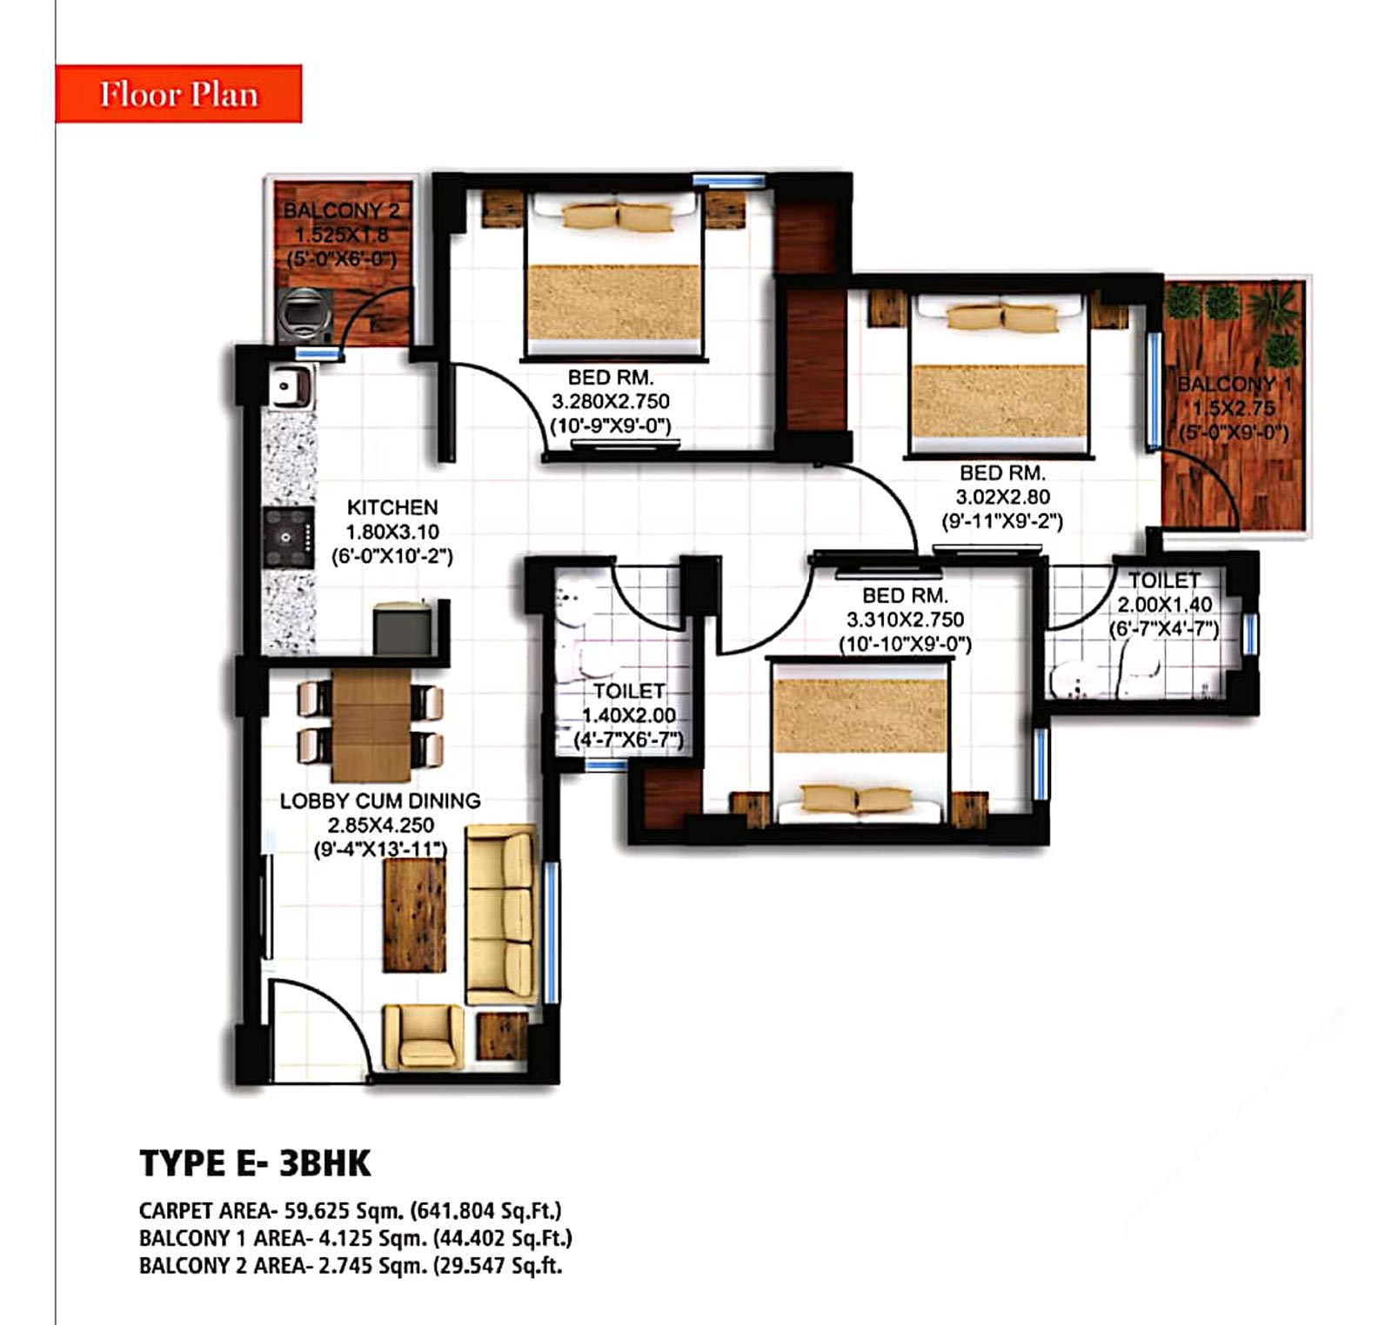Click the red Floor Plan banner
pyautogui.click(x=178, y=93)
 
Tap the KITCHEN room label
pyautogui.click(x=392, y=507)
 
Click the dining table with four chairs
pyautogui.click(x=371, y=726)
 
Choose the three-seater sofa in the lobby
pyautogui.click(x=501, y=915)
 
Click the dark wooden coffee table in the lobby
pyautogui.click(x=414, y=915)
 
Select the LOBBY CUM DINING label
pyautogui.click(x=380, y=800)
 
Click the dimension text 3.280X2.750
pyautogui.click(x=611, y=402)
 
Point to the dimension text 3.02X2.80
pyautogui.click(x=1003, y=498)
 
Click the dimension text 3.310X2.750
pyautogui.click(x=906, y=620)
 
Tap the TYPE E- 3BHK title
pyautogui.click(x=255, y=1163)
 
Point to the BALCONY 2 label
pyautogui.click(x=342, y=211)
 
